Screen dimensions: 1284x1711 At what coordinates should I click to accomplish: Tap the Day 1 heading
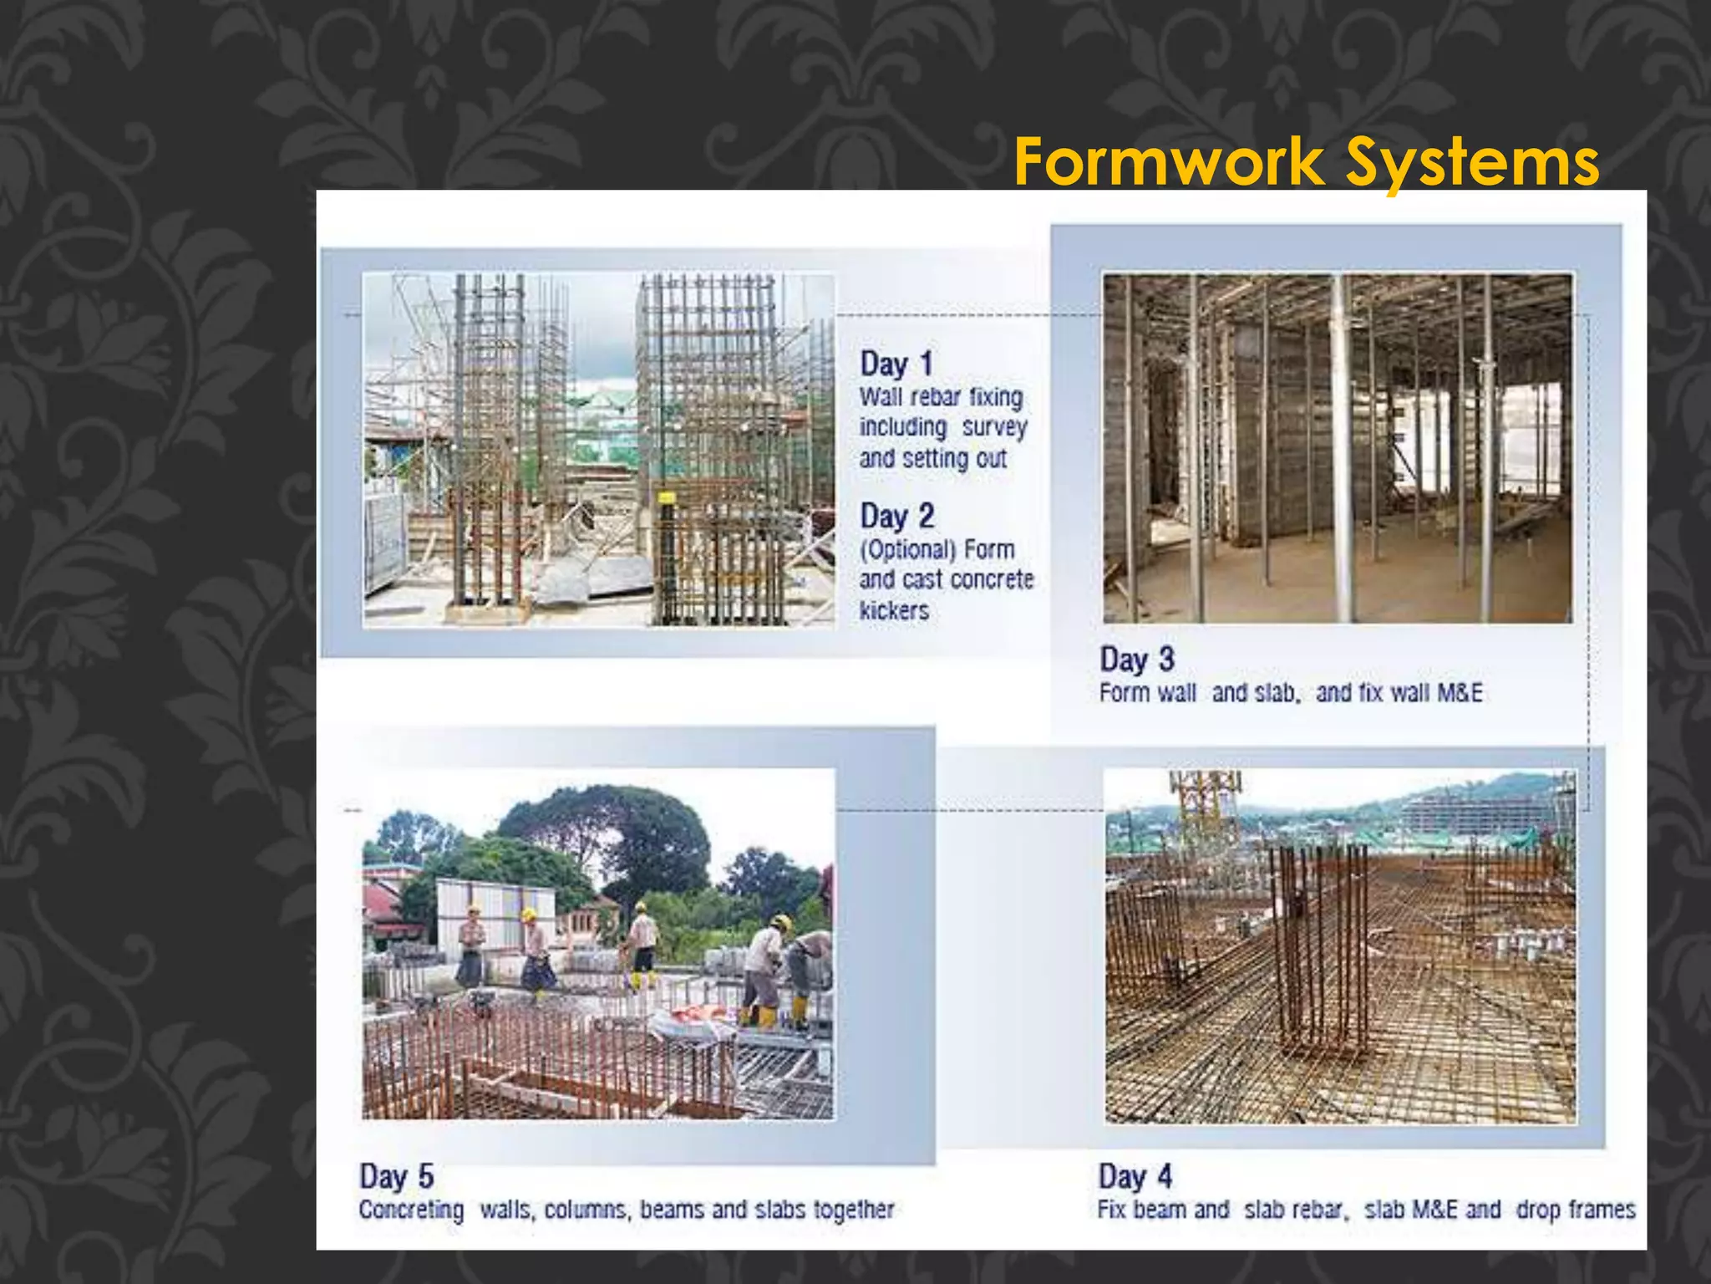click(x=896, y=364)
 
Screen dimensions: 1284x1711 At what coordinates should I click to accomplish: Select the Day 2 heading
click(x=897, y=516)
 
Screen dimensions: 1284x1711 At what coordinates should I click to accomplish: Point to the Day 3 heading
click(x=1137, y=659)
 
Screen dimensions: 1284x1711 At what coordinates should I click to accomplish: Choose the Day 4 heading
click(x=1135, y=1176)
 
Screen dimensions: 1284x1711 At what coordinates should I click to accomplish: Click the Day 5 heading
click(x=396, y=1176)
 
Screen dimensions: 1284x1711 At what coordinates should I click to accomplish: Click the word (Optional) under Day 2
click(x=907, y=549)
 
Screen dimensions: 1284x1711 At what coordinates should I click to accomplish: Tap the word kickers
click(x=894, y=610)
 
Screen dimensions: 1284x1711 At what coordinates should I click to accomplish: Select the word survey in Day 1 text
click(x=994, y=427)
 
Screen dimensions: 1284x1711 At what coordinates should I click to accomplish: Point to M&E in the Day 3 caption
click(x=1460, y=693)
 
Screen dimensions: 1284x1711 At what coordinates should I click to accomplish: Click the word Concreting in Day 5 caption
click(x=411, y=1210)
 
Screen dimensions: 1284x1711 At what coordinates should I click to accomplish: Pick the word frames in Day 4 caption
click(x=1602, y=1210)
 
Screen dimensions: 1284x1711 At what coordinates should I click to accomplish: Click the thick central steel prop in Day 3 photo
click(x=1343, y=451)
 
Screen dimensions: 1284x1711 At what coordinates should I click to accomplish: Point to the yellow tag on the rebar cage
click(x=666, y=497)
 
